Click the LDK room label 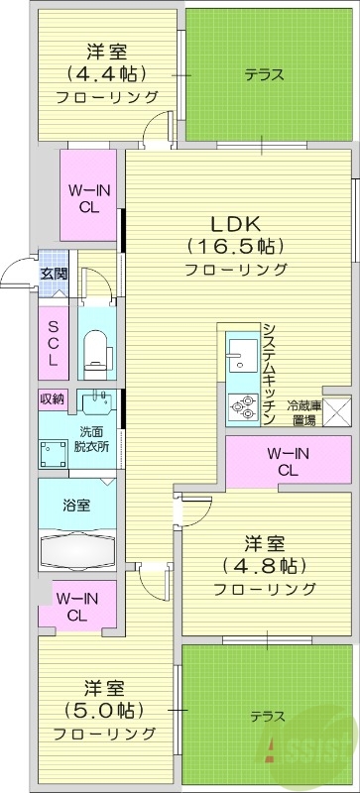point(235,223)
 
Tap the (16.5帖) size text point(235,246)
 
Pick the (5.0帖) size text point(104,711)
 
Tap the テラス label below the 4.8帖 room point(267,716)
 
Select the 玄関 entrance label point(54,275)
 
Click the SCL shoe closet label point(54,342)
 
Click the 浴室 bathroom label point(77,506)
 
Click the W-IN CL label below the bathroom point(75,606)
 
